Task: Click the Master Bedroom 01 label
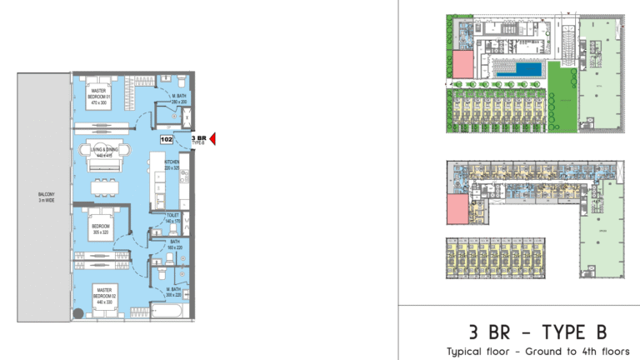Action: (x=101, y=97)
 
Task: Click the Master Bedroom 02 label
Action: (x=104, y=295)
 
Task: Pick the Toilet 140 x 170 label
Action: (x=172, y=220)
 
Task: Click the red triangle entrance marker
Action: (x=213, y=140)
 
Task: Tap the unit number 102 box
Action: (x=167, y=140)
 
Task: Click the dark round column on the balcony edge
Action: (x=77, y=314)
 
